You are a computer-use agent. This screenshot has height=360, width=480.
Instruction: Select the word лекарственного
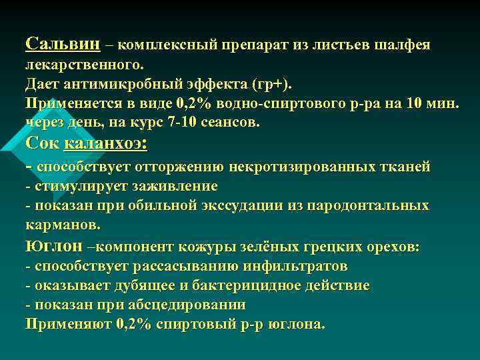click(x=84, y=66)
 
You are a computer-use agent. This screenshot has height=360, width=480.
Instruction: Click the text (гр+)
click(x=268, y=85)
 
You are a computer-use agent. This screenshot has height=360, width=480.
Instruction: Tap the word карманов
click(x=63, y=225)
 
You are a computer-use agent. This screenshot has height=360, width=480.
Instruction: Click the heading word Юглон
click(x=54, y=246)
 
